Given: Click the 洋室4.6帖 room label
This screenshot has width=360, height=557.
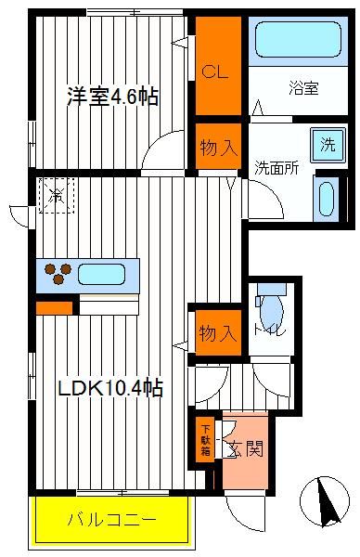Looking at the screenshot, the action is [112, 96].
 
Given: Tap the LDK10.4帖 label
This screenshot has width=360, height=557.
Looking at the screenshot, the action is [110, 387].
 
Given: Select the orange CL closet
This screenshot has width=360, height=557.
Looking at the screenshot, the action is [218, 66].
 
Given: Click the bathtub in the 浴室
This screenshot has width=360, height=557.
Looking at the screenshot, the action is [298, 39].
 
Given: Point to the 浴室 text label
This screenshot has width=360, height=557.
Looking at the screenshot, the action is [303, 88].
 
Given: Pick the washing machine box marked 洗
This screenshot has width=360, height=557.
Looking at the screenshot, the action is [328, 145].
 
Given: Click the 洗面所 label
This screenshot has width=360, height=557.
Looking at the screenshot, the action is [276, 168].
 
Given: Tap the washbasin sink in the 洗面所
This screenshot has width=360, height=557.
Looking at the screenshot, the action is [327, 199].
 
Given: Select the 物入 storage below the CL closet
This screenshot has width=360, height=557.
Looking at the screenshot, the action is [218, 147].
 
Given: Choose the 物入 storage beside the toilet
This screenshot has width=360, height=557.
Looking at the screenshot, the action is [218, 332].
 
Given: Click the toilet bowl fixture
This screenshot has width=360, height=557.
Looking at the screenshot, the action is [271, 308].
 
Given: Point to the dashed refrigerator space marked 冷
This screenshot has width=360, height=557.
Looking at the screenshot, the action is [57, 195].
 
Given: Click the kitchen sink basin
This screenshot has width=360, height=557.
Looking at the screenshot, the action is [101, 274].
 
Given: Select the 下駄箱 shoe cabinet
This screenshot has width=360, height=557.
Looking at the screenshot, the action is [205, 439].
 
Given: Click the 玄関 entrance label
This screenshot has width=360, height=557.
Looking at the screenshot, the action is [246, 449].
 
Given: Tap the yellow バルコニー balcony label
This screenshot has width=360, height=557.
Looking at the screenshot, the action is [112, 520].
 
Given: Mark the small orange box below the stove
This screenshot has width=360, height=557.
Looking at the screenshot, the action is [55, 308].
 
